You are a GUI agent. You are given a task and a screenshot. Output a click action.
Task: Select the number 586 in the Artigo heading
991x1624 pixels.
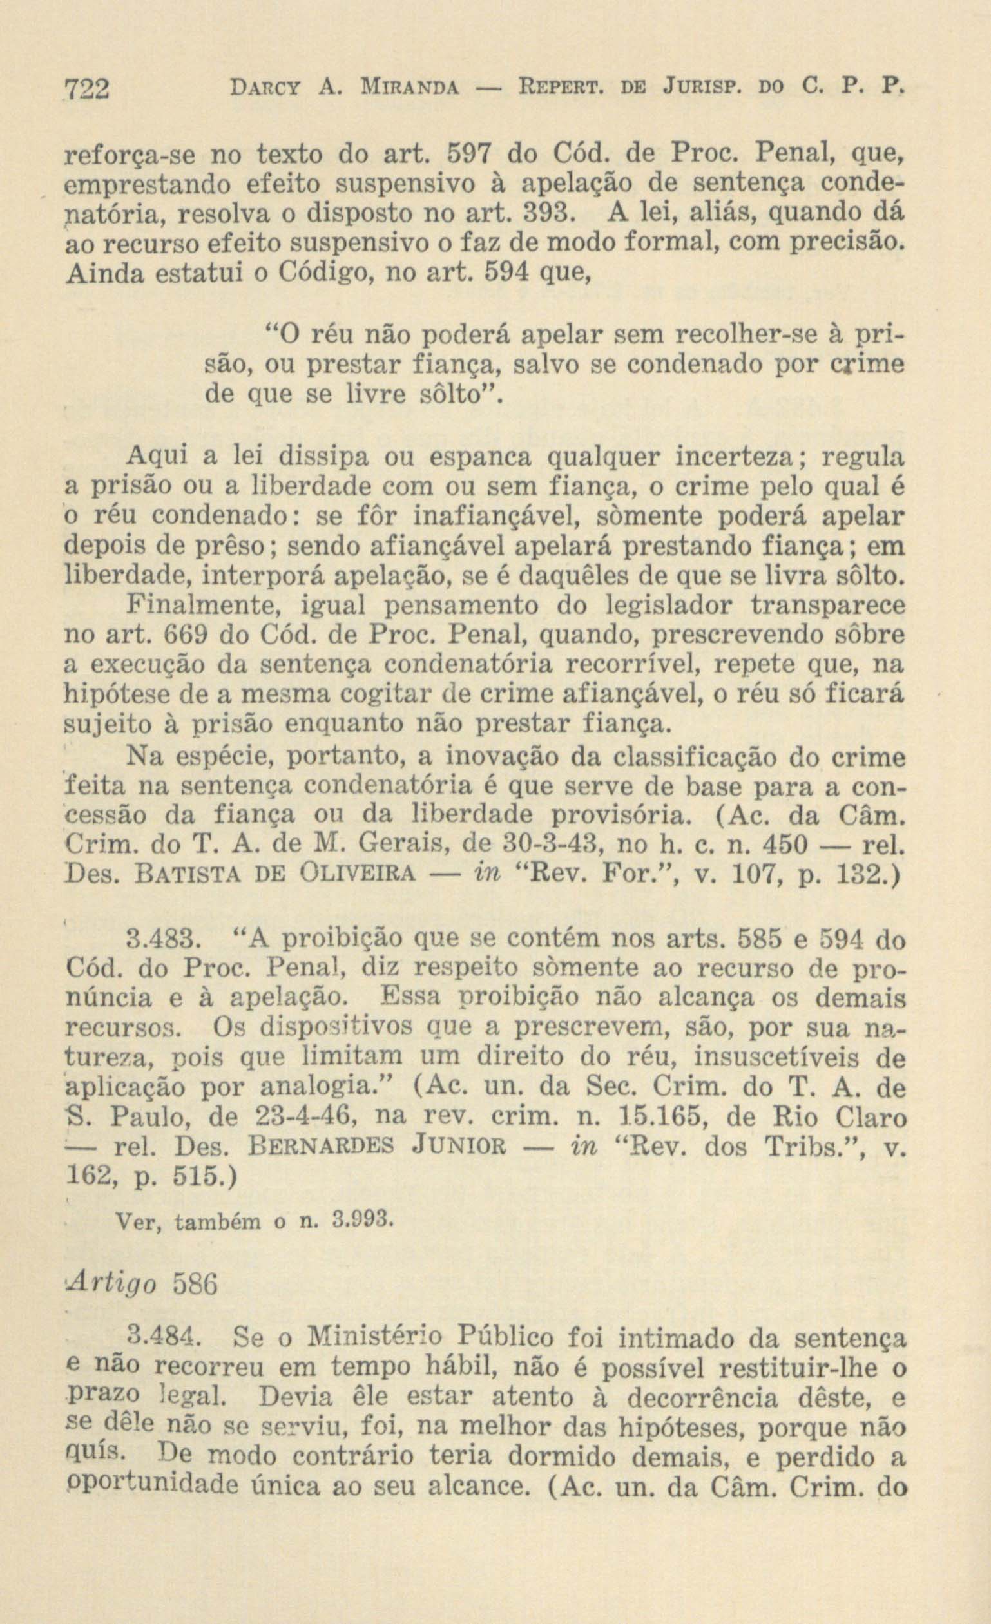click(193, 1286)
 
